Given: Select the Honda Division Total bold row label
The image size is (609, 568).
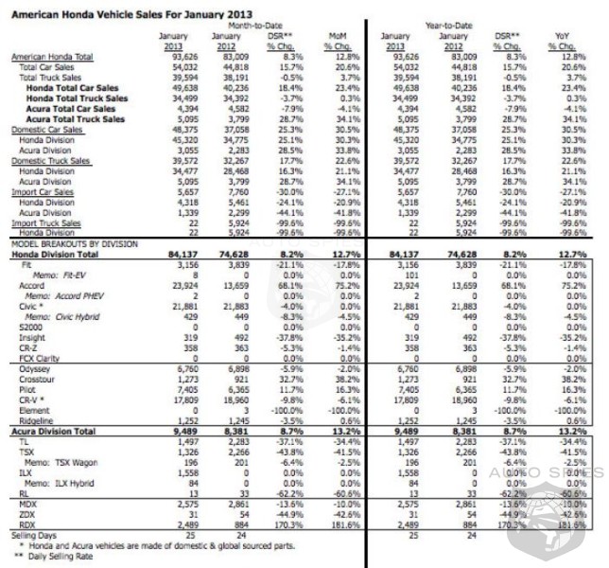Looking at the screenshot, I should (56, 254).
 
